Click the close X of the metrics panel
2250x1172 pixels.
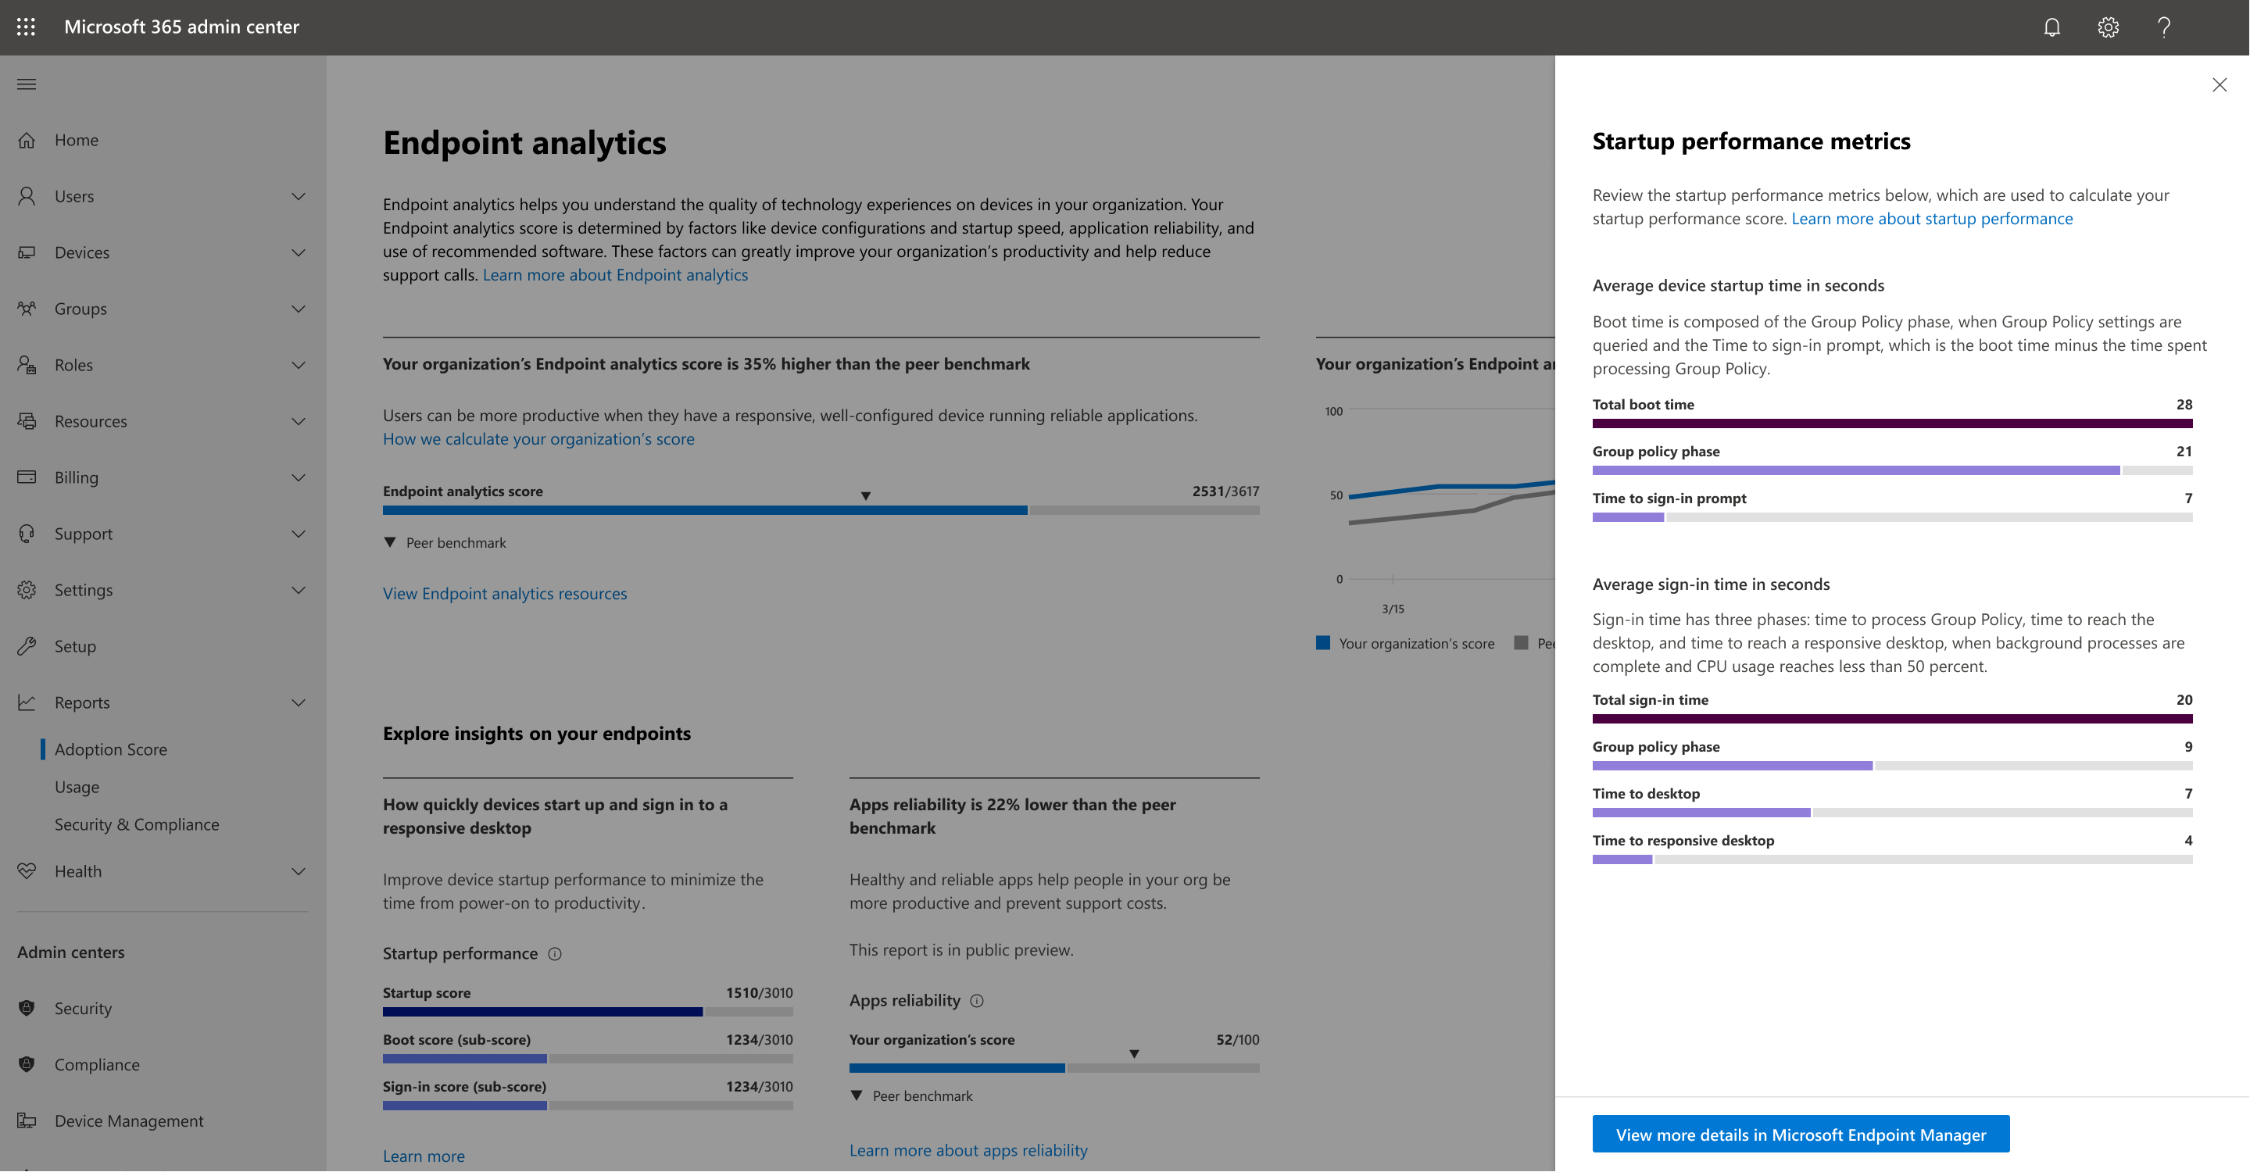[x=2219, y=84]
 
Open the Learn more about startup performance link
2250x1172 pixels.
[x=1931, y=218]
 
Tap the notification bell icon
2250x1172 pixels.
[x=2051, y=27]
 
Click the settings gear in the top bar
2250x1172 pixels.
[x=2108, y=27]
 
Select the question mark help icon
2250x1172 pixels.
[x=2163, y=27]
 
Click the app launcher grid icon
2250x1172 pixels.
[x=27, y=27]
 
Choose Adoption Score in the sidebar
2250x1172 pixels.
[x=111, y=749]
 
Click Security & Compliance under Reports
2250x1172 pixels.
[x=137, y=824]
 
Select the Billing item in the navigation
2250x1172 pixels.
[x=77, y=477]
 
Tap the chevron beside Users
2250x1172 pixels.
[x=299, y=196]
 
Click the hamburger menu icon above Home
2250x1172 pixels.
[x=27, y=84]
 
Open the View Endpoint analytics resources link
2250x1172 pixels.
[x=505, y=594]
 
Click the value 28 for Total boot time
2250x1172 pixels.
[x=2184, y=405]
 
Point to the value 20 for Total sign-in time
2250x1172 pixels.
[x=2184, y=699]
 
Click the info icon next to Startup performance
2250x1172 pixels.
[x=555, y=954]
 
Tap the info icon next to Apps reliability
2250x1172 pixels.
[x=977, y=1001]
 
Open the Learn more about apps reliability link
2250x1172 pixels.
[x=968, y=1150]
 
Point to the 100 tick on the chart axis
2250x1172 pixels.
[x=1332, y=411]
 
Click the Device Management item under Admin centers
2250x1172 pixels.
[x=129, y=1120]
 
